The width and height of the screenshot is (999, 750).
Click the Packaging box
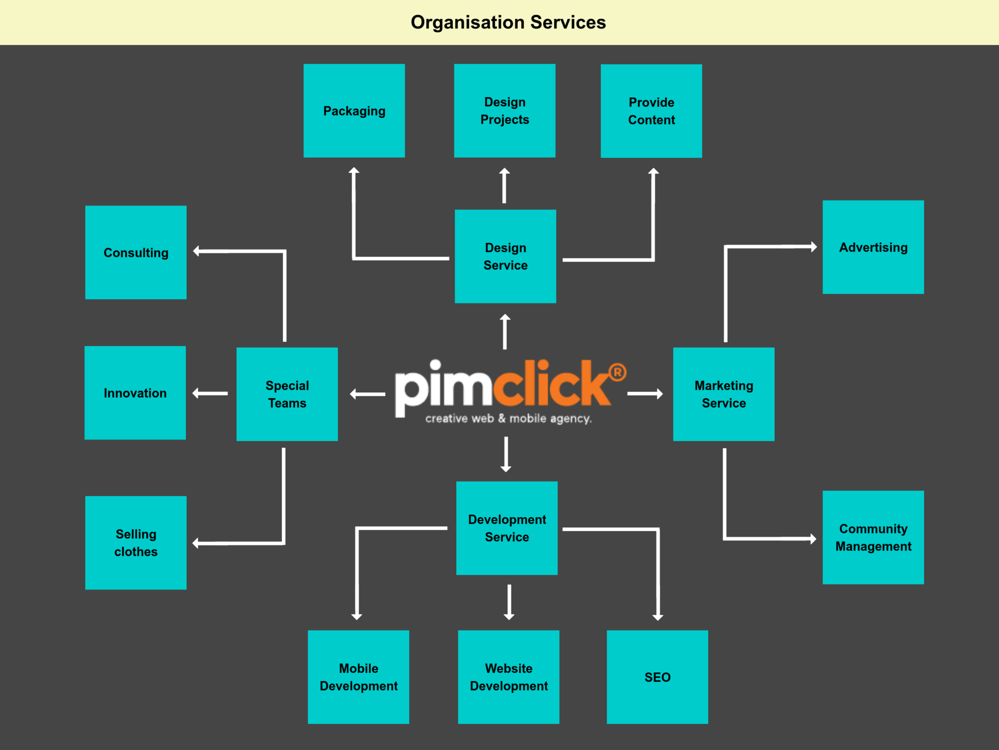tap(354, 111)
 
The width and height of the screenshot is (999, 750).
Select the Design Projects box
tap(504, 111)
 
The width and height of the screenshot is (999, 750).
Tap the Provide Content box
tap(651, 111)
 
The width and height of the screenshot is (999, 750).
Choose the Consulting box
tap(136, 253)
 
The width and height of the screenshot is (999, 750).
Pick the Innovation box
tap(135, 393)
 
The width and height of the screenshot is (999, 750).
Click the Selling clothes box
tap(136, 543)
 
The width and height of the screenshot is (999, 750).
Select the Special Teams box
tap(287, 394)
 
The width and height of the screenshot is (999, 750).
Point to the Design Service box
tap(505, 256)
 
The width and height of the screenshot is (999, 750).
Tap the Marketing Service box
tap(724, 394)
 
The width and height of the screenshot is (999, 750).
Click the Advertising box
tap(873, 247)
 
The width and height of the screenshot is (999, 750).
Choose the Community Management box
tap(873, 537)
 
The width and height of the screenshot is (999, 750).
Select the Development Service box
tap(507, 528)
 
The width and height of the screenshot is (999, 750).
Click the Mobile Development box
tap(359, 677)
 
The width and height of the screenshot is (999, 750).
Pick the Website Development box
tap(508, 677)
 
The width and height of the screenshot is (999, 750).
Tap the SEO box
tap(657, 677)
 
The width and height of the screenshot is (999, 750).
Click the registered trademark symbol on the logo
tap(617, 372)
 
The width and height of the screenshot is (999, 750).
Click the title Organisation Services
tap(508, 22)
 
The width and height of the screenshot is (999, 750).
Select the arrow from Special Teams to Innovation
tap(210, 393)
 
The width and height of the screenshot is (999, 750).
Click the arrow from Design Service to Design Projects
tap(504, 186)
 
